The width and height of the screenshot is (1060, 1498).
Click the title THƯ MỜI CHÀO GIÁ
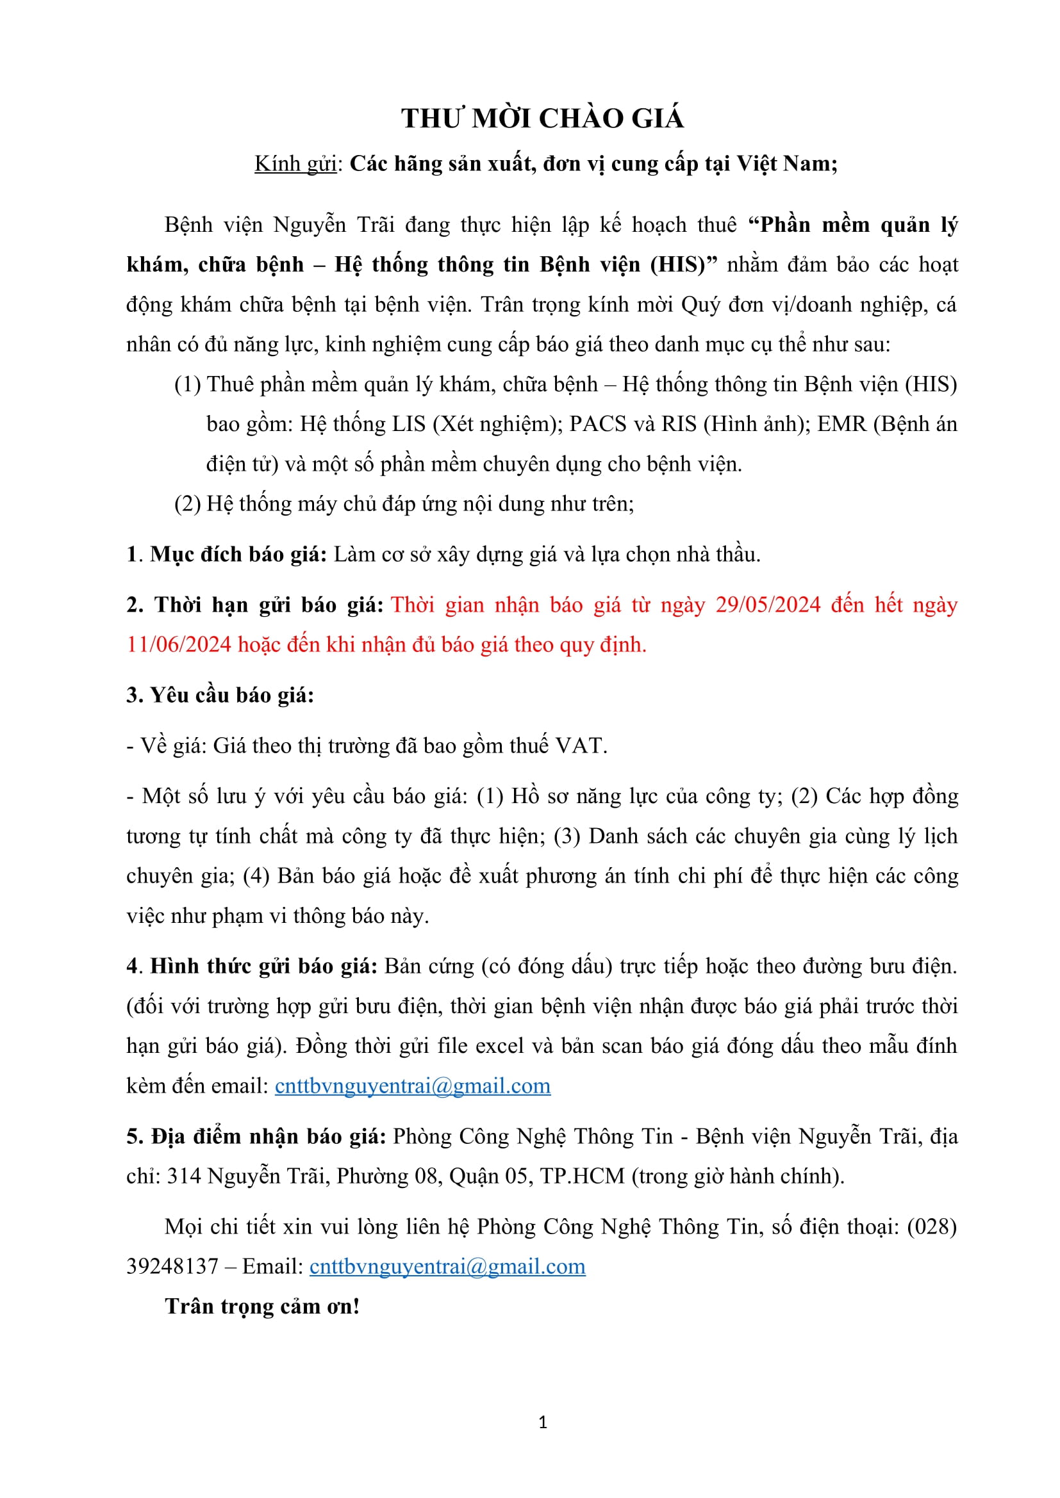[542, 118]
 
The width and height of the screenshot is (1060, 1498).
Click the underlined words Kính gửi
[295, 164]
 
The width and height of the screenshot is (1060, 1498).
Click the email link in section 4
[413, 1086]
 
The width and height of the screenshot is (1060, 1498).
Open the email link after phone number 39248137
[447, 1266]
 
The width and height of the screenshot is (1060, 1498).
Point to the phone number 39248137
[172, 1266]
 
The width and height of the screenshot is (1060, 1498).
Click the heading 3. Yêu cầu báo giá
[220, 696]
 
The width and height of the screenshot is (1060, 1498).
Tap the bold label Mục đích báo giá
[238, 555]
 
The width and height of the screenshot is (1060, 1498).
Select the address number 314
[183, 1176]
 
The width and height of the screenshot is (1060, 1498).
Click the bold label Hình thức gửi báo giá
[263, 966]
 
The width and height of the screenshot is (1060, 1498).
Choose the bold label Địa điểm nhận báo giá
[269, 1137]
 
